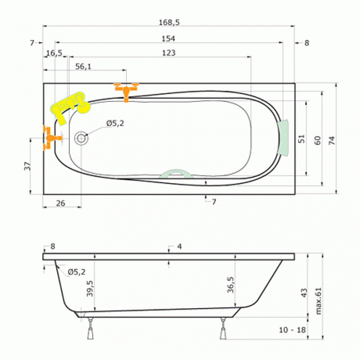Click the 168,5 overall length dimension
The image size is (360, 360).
pyautogui.click(x=169, y=22)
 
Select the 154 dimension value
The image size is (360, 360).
pyautogui.click(x=168, y=39)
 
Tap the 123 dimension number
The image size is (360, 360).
pyautogui.click(x=169, y=53)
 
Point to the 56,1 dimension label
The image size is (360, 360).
pyautogui.click(x=83, y=67)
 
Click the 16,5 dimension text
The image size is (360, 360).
pyautogui.click(x=54, y=53)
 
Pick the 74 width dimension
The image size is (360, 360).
pyautogui.click(x=332, y=140)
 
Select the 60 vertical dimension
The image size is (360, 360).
pyautogui.click(x=317, y=140)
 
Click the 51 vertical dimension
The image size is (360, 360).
pyautogui.click(x=301, y=139)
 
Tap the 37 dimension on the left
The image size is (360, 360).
pyautogui.click(x=27, y=166)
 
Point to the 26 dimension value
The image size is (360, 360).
pyautogui.click(x=61, y=203)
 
